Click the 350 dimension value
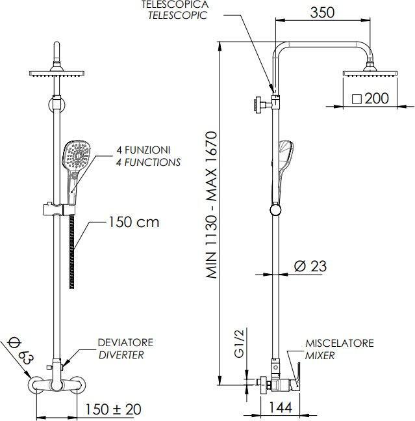[x=322, y=12]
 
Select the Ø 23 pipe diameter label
[x=310, y=266]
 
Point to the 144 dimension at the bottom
[x=281, y=408]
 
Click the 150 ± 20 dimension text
[x=113, y=409]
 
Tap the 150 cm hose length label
[x=133, y=223]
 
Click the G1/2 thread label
[x=239, y=344]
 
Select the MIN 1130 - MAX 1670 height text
[x=212, y=204]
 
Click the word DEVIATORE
[x=125, y=343]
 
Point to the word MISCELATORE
[x=340, y=343]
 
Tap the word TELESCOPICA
[x=175, y=4]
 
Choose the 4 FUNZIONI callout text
[x=143, y=150]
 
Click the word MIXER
[x=320, y=356]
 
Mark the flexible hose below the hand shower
[x=71, y=251]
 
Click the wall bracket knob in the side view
[x=257, y=104]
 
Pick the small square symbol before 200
[x=357, y=100]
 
